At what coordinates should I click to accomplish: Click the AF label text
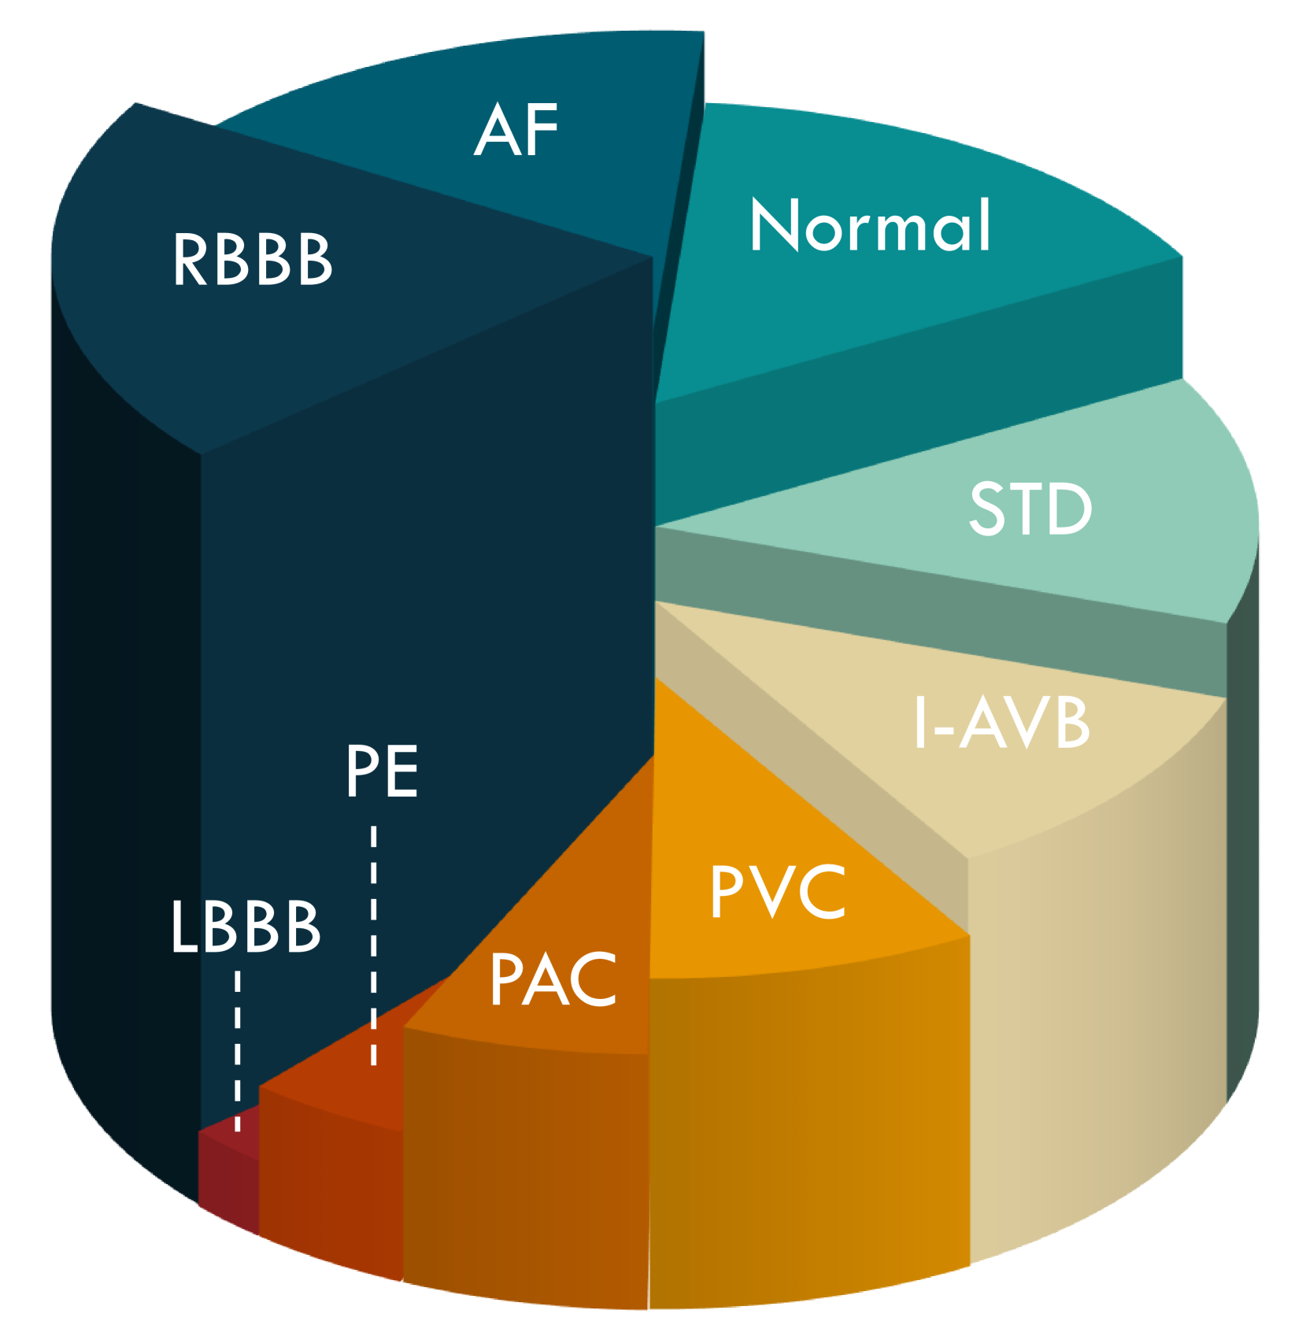coord(516,130)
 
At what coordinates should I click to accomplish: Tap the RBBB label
coord(253,259)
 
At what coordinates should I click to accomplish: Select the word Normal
coord(870,225)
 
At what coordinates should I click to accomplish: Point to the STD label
coord(1030,509)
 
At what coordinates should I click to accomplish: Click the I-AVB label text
coord(1001,722)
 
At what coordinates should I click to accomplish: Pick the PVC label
coord(778,891)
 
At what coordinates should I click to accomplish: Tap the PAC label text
coord(553,979)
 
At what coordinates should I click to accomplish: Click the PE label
coord(382,772)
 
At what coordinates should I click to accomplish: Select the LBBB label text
coord(246,927)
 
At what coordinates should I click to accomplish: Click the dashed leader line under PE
coord(373,946)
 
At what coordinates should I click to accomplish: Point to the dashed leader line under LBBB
coord(237,1051)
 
